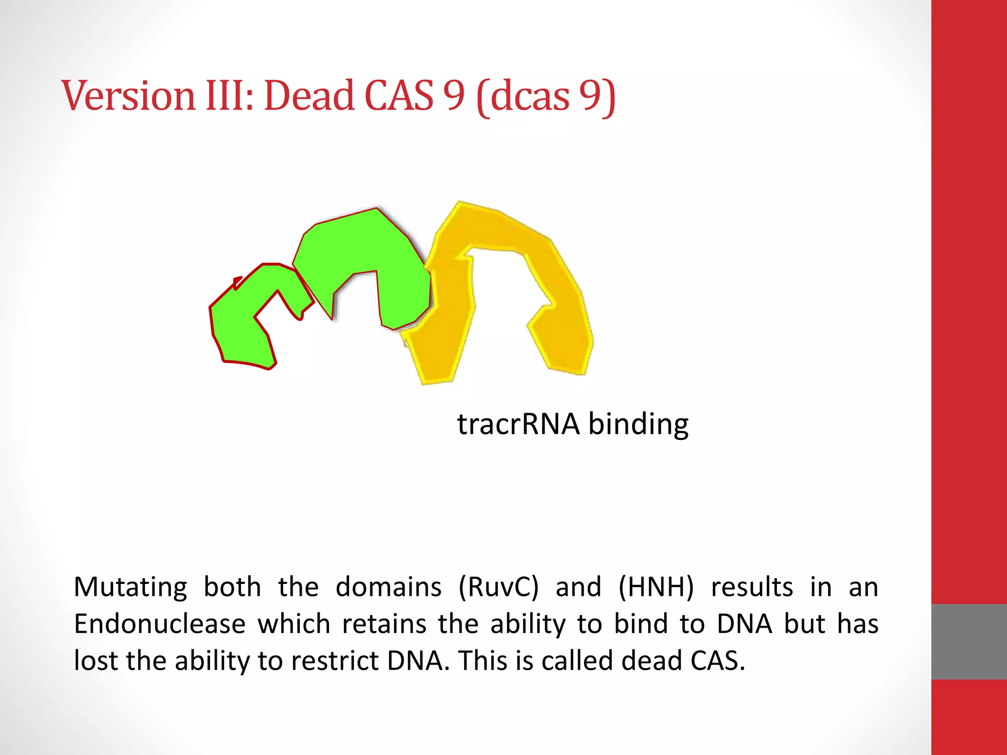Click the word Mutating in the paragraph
click(x=130, y=587)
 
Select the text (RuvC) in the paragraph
click(x=498, y=587)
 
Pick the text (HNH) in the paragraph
click(x=656, y=587)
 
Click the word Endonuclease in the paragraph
click(x=159, y=624)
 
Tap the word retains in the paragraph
click(x=384, y=624)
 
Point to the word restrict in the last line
click(x=334, y=661)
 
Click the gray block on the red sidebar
click(x=969, y=641)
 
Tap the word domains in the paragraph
click(x=388, y=587)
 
